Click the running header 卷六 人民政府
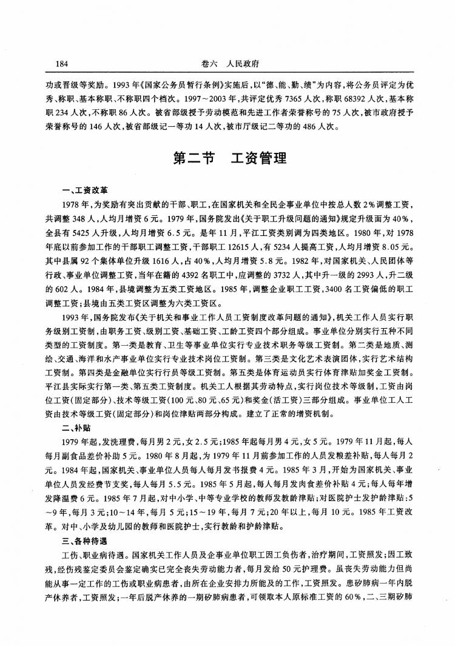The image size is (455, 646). click(234, 63)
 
